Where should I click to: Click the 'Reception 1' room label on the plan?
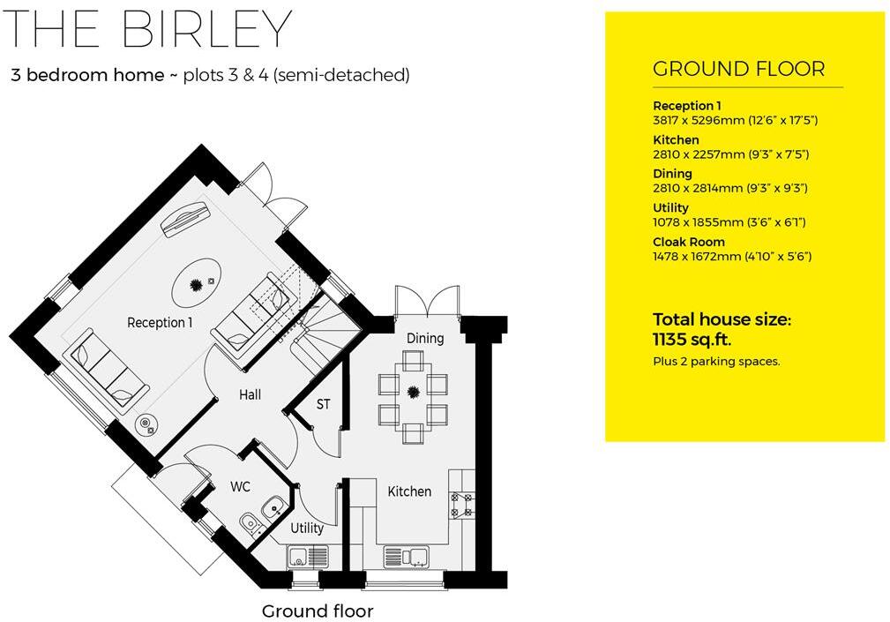click(160, 323)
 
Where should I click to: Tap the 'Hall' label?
click(250, 395)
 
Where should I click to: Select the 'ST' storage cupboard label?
click(324, 405)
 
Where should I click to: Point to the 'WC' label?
click(241, 486)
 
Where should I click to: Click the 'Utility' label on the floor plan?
click(307, 528)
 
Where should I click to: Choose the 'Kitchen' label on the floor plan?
click(409, 491)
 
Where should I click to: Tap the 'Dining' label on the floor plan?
click(425, 339)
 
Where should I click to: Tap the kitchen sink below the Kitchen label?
click(407, 557)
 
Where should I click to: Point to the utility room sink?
click(308, 557)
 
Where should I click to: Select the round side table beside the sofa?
click(146, 424)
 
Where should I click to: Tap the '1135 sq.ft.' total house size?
click(692, 340)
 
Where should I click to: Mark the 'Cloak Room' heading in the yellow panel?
click(689, 242)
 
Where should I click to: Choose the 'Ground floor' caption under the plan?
click(318, 611)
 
